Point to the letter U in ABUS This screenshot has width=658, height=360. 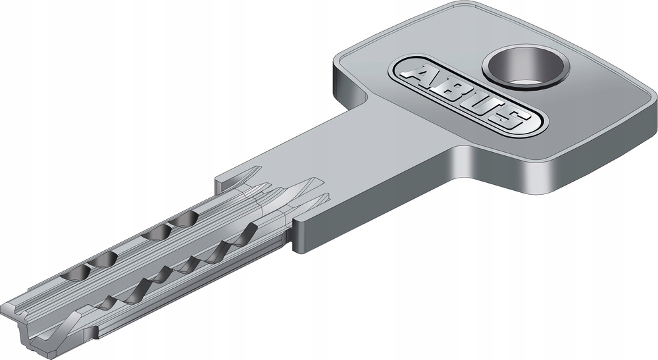pos(476,103)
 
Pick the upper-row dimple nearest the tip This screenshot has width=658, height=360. pos(76,274)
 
